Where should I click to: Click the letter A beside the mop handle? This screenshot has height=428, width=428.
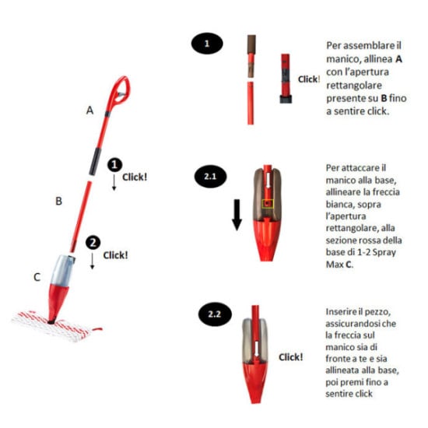(x=89, y=111)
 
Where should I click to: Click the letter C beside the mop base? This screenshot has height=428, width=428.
(x=37, y=275)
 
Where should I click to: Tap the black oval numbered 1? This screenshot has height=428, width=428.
(x=207, y=44)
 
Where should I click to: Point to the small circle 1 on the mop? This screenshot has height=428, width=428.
(x=114, y=165)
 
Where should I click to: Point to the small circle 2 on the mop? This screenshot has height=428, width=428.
(x=93, y=242)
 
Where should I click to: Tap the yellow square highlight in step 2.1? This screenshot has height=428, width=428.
(x=268, y=204)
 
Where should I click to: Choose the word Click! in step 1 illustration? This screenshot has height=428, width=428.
(x=309, y=79)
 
